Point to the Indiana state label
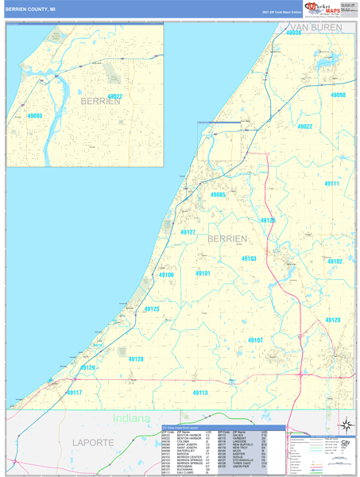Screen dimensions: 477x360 point(131,419)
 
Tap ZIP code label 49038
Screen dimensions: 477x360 point(293,33)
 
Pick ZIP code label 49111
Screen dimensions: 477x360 point(331,184)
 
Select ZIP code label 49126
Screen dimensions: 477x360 point(268,220)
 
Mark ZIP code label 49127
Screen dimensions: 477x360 point(188,232)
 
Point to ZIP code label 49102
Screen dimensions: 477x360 point(335,261)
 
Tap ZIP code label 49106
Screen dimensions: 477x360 point(166,275)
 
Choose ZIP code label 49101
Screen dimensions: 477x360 point(203,273)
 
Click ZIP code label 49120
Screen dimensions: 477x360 point(332,320)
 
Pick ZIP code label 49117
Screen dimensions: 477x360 point(74,393)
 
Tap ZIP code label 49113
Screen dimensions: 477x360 point(199,393)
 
